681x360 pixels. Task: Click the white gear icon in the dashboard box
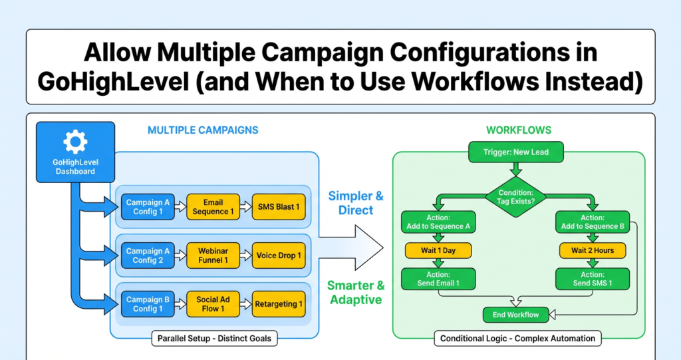pos(74,142)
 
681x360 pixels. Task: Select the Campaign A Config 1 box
pos(148,207)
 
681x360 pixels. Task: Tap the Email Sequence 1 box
pos(213,207)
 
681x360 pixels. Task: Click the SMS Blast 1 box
pos(279,207)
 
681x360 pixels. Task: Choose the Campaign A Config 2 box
pos(148,256)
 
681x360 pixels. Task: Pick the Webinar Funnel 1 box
pos(213,256)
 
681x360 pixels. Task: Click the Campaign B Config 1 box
pos(148,304)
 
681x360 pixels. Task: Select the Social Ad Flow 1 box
pos(213,304)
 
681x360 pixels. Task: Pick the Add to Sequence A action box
pos(438,222)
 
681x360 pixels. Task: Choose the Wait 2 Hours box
pos(593,251)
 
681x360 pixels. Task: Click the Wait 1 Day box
pos(438,251)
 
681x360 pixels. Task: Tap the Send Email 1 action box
pos(438,279)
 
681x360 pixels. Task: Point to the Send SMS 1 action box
pos(593,279)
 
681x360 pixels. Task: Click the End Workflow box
pos(515,314)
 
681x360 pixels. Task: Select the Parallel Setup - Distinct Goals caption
pos(213,339)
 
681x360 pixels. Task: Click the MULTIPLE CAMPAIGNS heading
pos(203,130)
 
